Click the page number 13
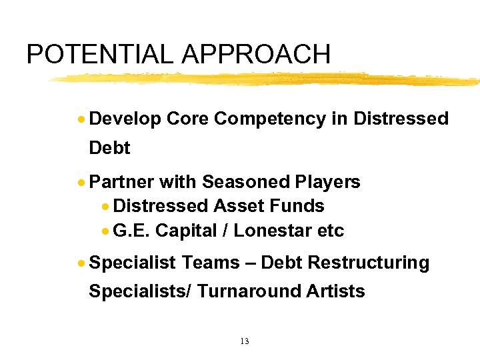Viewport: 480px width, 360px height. [x=244, y=341]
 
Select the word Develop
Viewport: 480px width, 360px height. [x=125, y=119]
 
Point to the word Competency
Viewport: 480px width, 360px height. [x=270, y=119]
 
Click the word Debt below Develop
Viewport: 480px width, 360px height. [x=109, y=148]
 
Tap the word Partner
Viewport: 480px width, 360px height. [x=121, y=182]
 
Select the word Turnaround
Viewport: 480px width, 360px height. [x=249, y=291]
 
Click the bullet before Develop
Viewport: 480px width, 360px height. [x=81, y=119]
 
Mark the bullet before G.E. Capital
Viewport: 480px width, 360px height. [x=105, y=231]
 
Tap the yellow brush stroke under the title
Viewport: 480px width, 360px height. [x=267, y=79]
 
